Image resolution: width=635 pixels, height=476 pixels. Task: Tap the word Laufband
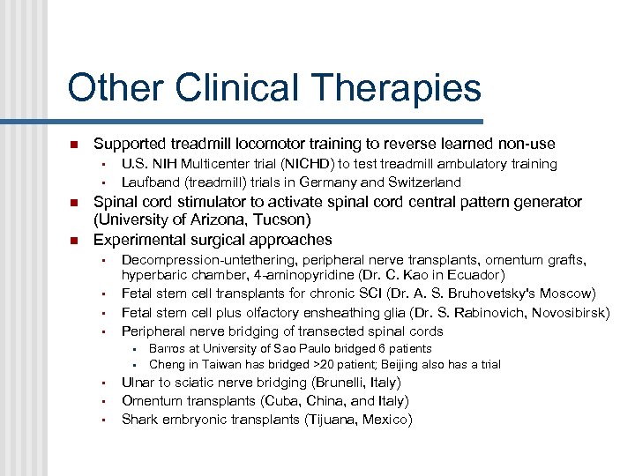point(150,182)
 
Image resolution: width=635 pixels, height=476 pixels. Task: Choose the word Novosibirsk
point(566,312)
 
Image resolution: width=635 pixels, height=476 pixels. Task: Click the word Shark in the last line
point(139,420)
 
